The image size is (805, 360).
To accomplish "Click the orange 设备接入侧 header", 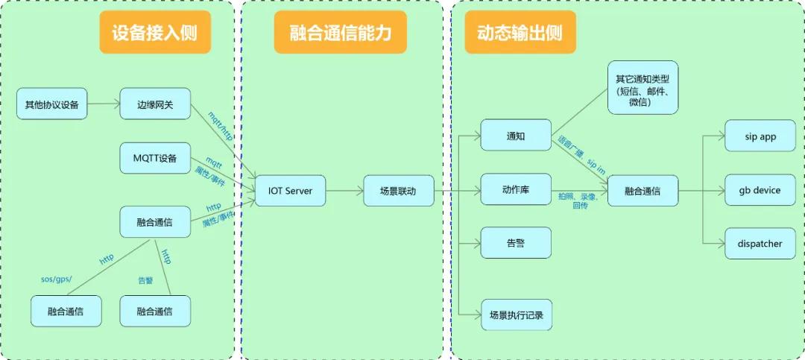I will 155,34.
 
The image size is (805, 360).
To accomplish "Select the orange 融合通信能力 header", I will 340,34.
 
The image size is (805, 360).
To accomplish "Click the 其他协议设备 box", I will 51,104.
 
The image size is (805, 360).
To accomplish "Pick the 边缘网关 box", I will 155,104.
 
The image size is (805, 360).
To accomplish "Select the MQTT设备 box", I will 155,158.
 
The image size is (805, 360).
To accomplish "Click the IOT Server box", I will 291,191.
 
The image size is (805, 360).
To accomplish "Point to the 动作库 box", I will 516,189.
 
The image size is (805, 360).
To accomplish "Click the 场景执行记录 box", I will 516,315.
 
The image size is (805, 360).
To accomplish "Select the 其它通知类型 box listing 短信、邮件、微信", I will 643,88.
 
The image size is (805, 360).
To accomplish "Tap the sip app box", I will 760,136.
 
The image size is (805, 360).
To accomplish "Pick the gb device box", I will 760,190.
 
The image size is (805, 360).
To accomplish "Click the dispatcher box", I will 760,244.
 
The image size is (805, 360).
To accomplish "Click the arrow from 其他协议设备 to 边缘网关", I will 103,104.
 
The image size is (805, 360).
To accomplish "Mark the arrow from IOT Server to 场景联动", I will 344,191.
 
